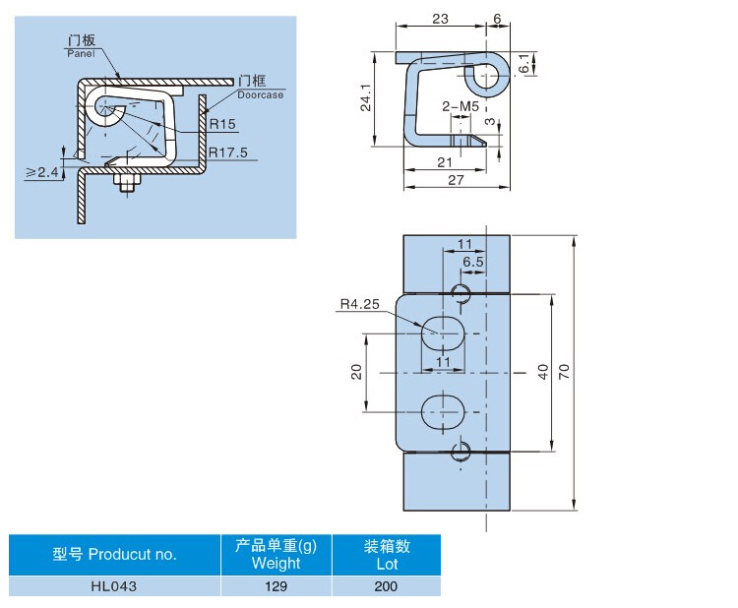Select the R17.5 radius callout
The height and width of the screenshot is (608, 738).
tap(227, 152)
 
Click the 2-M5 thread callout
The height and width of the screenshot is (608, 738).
tap(460, 105)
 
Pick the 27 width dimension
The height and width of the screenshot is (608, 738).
tap(456, 180)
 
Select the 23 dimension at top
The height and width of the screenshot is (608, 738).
tap(439, 19)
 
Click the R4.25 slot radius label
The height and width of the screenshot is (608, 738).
tap(359, 305)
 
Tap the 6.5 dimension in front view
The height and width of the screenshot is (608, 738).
tap(472, 262)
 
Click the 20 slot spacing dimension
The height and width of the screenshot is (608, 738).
tap(357, 371)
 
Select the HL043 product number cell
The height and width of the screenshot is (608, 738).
tap(114, 586)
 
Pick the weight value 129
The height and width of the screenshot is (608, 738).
tap(276, 586)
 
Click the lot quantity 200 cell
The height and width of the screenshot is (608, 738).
tap(386, 586)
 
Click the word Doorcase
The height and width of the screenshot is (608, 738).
tap(260, 94)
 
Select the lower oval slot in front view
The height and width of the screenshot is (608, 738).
tap(443, 410)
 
